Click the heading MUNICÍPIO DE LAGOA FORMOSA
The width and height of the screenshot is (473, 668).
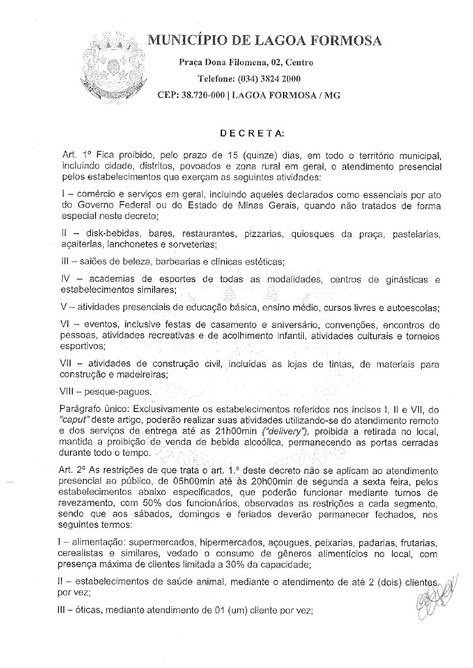(x=265, y=41)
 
